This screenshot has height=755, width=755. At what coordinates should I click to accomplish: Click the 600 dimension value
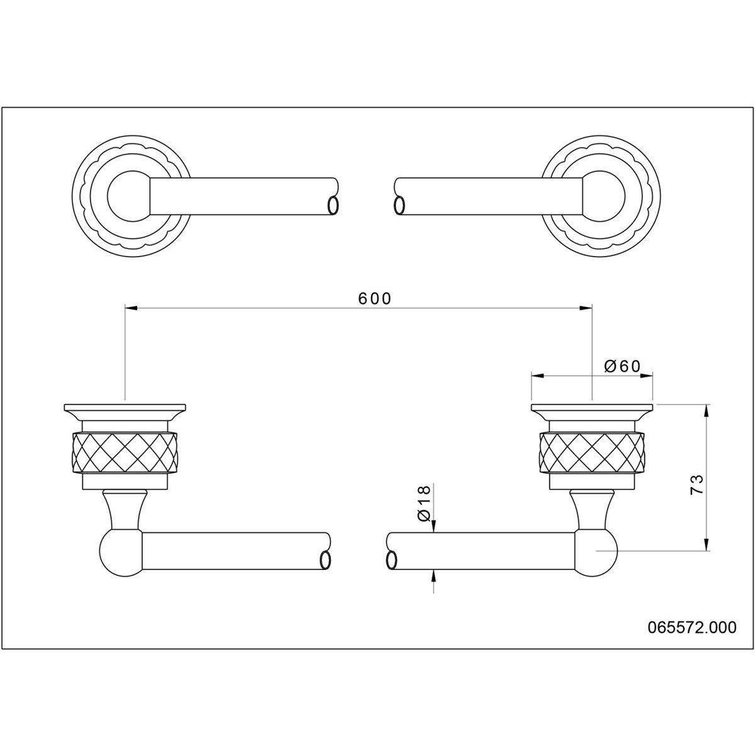point(374,299)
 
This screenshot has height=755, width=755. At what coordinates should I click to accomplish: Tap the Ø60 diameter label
point(622,366)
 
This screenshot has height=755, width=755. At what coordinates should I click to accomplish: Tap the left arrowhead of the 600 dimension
point(131,308)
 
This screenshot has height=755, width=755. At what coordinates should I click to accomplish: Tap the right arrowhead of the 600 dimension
point(584,308)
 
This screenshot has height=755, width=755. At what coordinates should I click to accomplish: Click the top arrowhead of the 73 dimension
point(707,411)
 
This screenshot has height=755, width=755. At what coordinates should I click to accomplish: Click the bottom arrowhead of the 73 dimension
point(707,544)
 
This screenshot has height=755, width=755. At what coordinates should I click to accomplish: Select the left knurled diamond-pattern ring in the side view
point(125,452)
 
